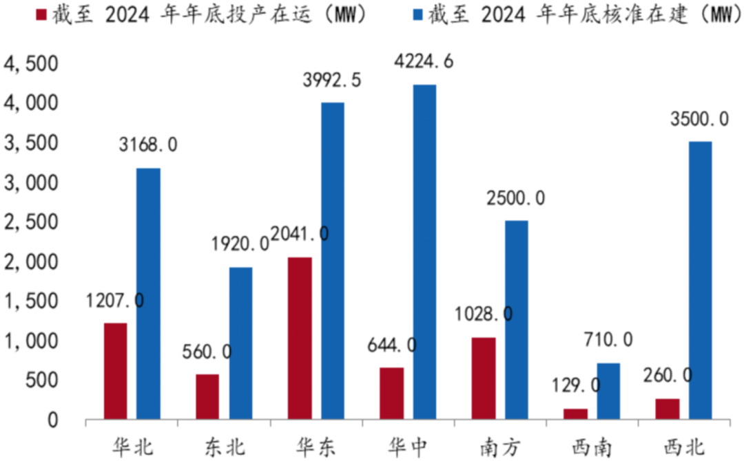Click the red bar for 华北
click(x=115, y=371)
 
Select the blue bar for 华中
click(x=424, y=252)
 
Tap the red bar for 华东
click(x=300, y=338)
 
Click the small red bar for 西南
click(x=575, y=414)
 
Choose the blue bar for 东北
click(x=240, y=343)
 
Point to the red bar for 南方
click(x=484, y=378)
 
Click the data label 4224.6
click(x=424, y=62)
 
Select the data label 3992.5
click(x=332, y=80)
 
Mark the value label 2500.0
click(x=516, y=198)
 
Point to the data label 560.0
click(x=207, y=352)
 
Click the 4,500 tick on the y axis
click(x=32, y=64)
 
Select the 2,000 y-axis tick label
click(x=32, y=262)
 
